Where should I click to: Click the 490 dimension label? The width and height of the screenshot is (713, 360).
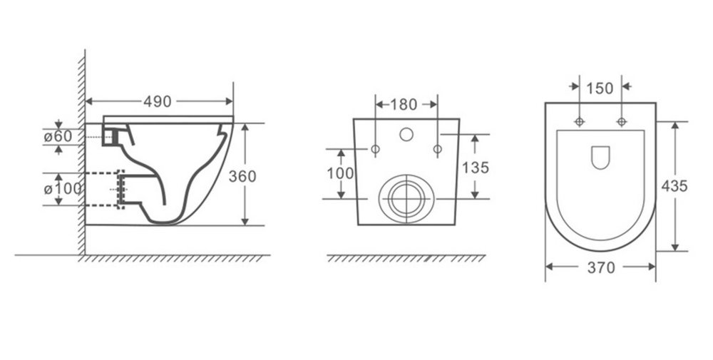(158, 102)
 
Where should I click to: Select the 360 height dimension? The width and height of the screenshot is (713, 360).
(242, 176)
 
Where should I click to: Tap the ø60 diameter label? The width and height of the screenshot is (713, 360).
(58, 136)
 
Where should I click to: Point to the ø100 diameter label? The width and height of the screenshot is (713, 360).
(63, 188)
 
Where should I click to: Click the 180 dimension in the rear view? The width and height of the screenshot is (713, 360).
(404, 105)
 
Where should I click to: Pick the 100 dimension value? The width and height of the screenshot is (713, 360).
(339, 173)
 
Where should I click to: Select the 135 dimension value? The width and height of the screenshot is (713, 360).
(476, 168)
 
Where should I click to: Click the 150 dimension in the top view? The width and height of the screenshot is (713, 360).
(600, 88)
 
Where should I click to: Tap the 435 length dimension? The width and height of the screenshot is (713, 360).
(674, 186)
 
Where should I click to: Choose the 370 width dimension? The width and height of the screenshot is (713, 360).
(601, 268)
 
